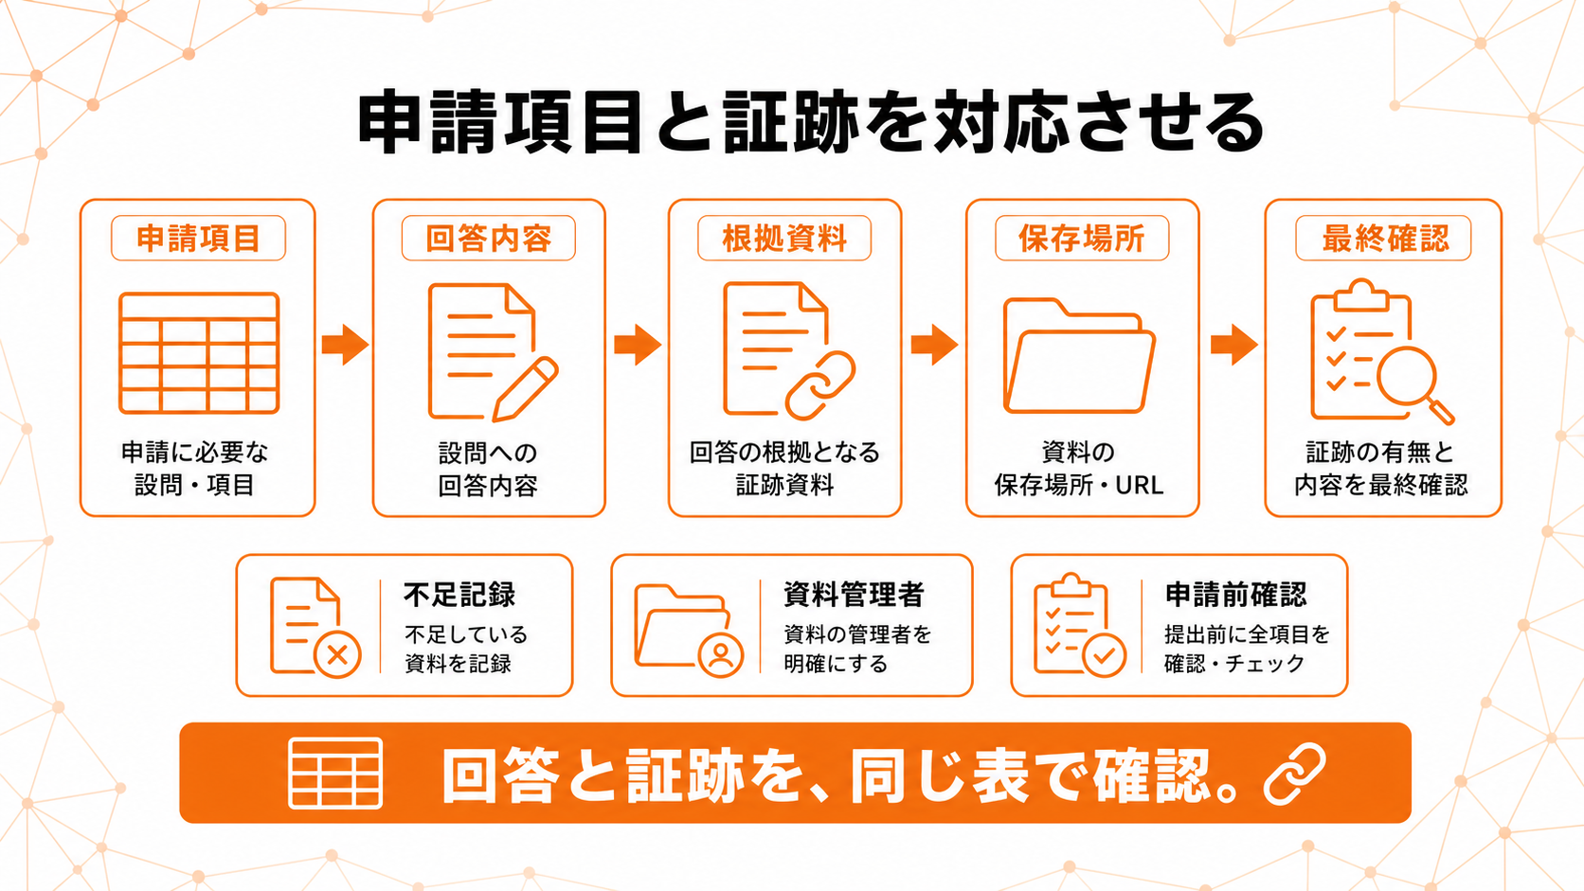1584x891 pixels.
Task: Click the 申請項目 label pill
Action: [198, 238]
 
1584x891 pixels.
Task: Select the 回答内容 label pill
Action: [489, 238]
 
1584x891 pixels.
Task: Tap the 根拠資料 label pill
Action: [784, 238]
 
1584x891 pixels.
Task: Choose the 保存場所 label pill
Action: [1082, 238]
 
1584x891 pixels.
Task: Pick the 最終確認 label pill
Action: [1383, 238]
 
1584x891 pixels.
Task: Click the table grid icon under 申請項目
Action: [199, 353]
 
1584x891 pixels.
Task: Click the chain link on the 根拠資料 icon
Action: [820, 385]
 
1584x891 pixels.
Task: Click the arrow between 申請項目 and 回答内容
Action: [345, 345]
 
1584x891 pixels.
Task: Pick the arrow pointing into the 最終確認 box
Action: [1234, 345]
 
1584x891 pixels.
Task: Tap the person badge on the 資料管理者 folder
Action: [721, 655]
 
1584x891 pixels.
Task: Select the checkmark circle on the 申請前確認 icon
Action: [1104, 655]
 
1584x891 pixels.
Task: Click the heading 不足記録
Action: [459, 595]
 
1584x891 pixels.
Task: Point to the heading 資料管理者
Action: [854, 595]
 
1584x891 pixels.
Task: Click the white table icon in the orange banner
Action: [335, 773]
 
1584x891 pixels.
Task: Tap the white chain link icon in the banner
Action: [1295, 774]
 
